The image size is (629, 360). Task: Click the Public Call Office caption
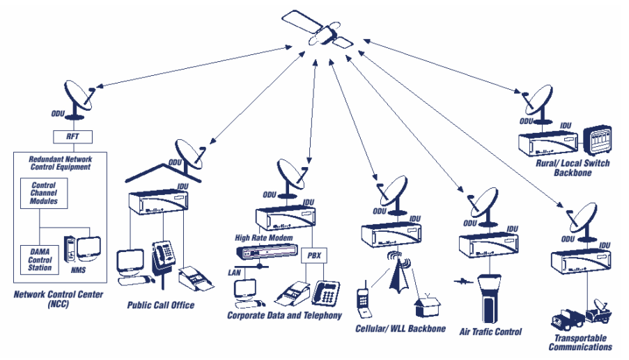(161, 304)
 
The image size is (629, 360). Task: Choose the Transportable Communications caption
(580, 342)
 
